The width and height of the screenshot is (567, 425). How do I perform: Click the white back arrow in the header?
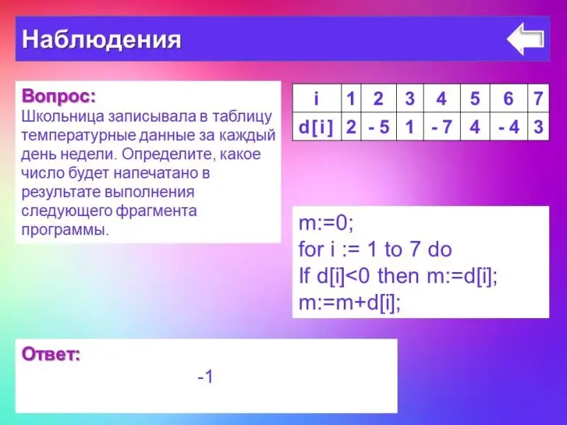525,39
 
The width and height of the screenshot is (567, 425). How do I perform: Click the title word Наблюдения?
101,39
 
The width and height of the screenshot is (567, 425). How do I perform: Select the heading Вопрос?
59,96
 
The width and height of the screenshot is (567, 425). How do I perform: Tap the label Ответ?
51,353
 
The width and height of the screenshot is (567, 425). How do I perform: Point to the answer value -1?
206,377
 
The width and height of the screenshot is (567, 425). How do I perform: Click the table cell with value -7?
442,127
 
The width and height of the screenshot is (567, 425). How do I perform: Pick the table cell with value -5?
378,127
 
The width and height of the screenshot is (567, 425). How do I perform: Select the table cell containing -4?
509,127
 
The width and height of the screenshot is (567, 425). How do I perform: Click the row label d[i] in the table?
317,127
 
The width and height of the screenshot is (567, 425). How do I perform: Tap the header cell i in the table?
317,98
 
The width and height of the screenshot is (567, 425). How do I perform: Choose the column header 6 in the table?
509,98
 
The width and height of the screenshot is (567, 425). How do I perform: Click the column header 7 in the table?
539,98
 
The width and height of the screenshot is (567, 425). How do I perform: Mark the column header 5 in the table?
475,98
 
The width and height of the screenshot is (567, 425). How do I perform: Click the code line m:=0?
326,223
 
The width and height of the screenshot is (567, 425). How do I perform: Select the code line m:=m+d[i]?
349,303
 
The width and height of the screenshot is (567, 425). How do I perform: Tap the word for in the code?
311,249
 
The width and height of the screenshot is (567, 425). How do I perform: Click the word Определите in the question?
168,154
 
